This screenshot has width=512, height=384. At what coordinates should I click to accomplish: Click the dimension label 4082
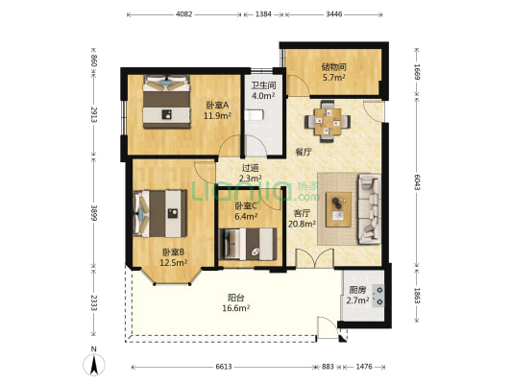point(184,14)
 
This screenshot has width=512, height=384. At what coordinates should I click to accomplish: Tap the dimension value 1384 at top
point(263,14)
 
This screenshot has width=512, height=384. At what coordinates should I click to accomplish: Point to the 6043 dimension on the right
point(417,182)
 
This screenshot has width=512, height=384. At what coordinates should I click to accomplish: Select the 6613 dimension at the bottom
point(224,367)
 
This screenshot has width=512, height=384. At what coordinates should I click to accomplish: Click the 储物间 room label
point(333,67)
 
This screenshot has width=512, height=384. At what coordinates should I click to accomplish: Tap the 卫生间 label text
point(263,85)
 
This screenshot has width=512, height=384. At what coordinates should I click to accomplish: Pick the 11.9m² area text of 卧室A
point(217,115)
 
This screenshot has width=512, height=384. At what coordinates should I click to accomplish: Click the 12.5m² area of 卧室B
point(173,262)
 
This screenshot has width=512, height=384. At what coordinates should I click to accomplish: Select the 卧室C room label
point(246,205)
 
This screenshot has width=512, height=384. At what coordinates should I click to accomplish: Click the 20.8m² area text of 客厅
point(302,224)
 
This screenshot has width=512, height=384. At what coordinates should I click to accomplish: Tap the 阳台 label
point(235,298)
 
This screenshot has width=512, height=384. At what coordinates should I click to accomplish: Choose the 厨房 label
point(357,290)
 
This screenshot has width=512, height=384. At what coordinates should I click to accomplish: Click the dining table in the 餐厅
point(328,121)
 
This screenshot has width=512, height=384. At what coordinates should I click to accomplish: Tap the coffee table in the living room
point(339,209)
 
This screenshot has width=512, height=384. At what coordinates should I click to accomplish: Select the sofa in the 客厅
point(369,209)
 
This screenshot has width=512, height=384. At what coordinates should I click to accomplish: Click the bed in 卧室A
point(166,102)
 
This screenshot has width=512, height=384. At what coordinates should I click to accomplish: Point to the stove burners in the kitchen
point(379,296)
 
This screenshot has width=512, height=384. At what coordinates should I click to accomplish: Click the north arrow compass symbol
point(94,363)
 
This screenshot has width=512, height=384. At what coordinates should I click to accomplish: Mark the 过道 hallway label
point(250,168)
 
